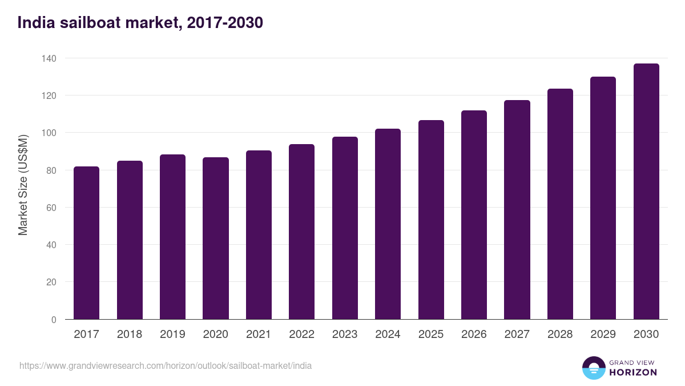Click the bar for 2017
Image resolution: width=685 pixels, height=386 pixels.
(x=86, y=243)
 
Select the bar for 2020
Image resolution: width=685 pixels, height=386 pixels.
(x=216, y=238)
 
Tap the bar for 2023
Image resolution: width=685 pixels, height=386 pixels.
(x=345, y=228)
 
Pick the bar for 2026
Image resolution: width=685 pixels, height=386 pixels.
(x=474, y=215)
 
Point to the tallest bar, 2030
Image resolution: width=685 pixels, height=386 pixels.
(x=646, y=192)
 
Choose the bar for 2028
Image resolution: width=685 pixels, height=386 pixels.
(x=560, y=204)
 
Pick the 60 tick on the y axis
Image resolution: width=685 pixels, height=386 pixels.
(x=51, y=208)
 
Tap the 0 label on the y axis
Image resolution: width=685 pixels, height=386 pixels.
(x=54, y=320)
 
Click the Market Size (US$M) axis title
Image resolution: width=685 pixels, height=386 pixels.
(x=23, y=185)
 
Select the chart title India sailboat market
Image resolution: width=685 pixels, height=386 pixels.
(x=140, y=23)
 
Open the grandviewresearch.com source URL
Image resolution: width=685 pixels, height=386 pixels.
(x=166, y=365)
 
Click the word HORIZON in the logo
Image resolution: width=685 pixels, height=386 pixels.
(x=633, y=372)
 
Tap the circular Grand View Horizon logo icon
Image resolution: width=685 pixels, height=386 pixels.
(x=594, y=368)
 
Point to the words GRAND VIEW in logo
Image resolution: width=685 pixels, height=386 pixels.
(x=632, y=362)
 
